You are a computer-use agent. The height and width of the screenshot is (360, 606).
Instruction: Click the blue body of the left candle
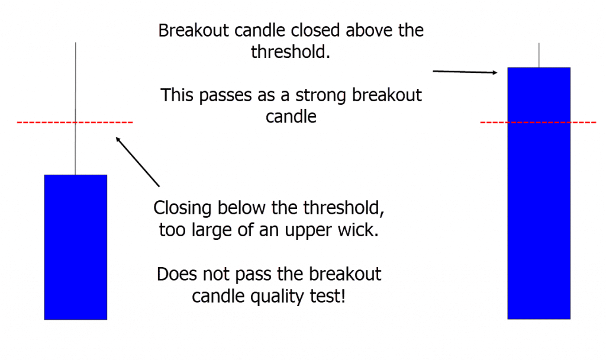(75, 247)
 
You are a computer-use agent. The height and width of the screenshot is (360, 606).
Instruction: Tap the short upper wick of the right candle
(539, 55)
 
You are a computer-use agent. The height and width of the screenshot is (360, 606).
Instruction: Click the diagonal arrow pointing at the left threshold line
(138, 162)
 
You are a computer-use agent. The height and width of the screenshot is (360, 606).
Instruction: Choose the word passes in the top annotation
(235, 95)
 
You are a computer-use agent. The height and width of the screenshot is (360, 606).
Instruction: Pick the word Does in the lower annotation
(175, 274)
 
